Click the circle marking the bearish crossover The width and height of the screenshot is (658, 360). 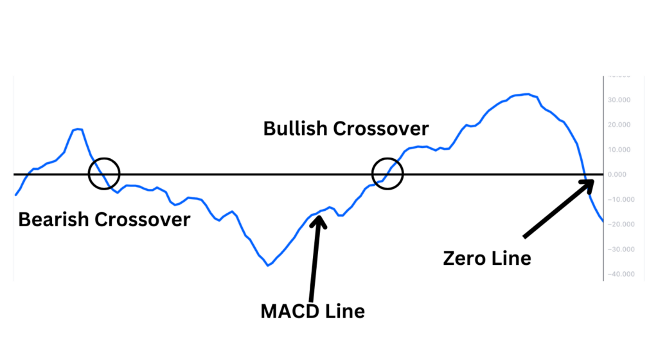(x=103, y=174)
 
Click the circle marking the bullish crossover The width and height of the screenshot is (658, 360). (x=387, y=174)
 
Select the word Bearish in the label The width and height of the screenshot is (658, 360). (x=54, y=219)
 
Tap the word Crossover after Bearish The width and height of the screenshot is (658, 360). (x=142, y=219)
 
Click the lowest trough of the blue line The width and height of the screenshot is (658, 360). (x=268, y=265)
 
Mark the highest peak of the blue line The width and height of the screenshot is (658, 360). (x=528, y=94)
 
